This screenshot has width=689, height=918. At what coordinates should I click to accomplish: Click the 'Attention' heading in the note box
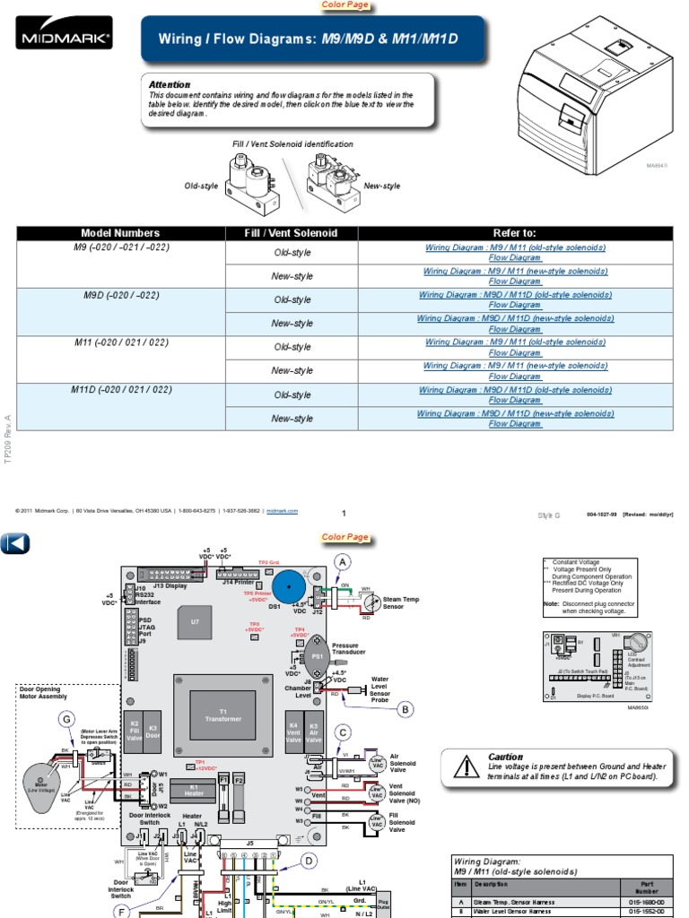(x=170, y=84)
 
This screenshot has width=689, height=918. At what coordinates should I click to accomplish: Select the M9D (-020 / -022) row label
(x=119, y=294)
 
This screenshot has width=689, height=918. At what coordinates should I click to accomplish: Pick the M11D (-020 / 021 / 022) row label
(x=119, y=389)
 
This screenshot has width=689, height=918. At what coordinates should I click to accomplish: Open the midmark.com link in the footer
(x=282, y=510)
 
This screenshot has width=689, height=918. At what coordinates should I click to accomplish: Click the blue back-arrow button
(x=15, y=542)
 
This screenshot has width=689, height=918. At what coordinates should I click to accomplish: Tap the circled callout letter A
(x=341, y=561)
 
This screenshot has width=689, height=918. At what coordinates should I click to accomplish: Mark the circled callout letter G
(x=65, y=718)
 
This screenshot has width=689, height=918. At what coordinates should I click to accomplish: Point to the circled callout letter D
(x=310, y=861)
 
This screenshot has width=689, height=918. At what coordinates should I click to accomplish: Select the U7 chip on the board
(x=195, y=620)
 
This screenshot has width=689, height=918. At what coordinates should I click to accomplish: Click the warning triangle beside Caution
(x=466, y=766)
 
